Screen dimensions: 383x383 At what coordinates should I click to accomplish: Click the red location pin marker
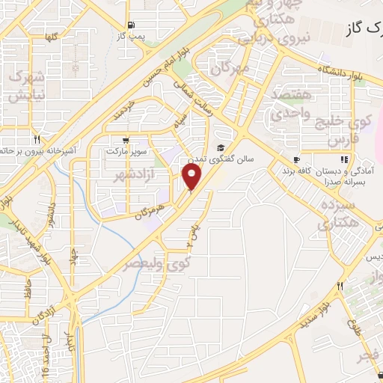click(192, 177)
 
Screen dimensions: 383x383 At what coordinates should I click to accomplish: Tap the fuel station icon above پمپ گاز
click(132, 23)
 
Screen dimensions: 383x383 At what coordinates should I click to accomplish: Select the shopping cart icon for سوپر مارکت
click(124, 139)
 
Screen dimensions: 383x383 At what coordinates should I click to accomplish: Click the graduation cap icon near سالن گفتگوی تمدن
click(221, 147)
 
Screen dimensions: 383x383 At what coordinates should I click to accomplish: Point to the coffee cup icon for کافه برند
click(297, 159)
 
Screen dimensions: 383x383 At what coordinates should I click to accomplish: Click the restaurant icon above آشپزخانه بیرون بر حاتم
click(37, 139)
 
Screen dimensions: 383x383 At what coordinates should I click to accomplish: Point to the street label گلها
click(51, 37)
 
